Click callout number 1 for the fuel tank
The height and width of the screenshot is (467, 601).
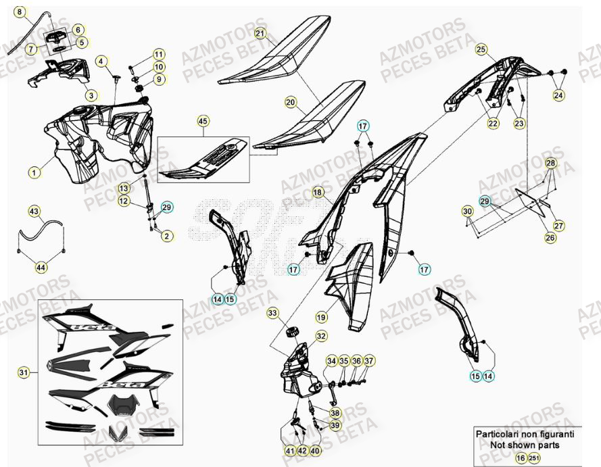tap(33, 172)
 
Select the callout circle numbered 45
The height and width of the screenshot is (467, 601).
tap(203, 122)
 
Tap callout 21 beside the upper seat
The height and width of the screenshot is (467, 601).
tap(261, 32)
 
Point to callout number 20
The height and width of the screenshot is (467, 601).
tap(291, 103)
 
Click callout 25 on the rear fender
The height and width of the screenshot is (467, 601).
tap(481, 49)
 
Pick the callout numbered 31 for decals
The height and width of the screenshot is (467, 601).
tap(24, 372)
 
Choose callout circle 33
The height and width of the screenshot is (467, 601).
tap(272, 313)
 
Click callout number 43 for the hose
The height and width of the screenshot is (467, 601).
tap(34, 212)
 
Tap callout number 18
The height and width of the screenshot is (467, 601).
tap(318, 193)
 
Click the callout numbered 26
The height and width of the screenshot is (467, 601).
tap(550, 238)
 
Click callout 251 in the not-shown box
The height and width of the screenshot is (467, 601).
tap(534, 458)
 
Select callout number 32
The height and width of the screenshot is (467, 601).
tap(320, 336)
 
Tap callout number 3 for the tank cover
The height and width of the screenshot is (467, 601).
tap(91, 95)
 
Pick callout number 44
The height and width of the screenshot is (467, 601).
tap(41, 268)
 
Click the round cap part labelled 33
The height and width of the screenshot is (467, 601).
tap(294, 331)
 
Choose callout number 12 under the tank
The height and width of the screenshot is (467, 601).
tap(124, 201)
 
